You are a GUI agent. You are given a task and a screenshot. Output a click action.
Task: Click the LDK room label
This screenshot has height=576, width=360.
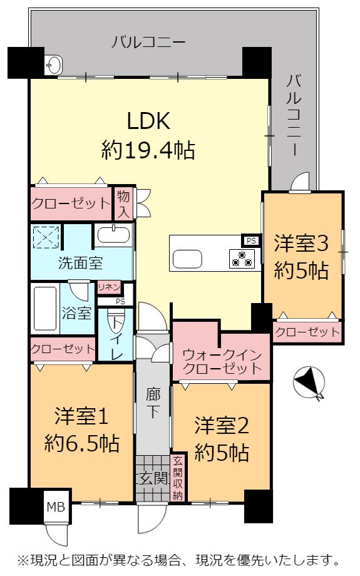tap(148, 121)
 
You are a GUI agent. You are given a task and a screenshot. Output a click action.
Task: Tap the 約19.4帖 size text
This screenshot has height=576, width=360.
tap(148, 150)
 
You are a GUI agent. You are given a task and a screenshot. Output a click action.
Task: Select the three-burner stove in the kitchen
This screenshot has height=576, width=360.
tap(242, 258)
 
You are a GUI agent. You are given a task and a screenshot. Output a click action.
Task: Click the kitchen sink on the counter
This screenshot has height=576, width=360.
tap(187, 259)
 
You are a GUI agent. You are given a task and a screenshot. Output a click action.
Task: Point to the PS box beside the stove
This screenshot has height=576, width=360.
tap(251, 241)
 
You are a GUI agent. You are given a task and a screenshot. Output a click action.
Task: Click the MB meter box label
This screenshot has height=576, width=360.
tap(56, 507)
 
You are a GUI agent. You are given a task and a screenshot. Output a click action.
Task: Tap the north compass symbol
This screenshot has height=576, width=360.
tap(309, 383)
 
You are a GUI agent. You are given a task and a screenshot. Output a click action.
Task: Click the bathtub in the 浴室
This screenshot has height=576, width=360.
tap(45, 308)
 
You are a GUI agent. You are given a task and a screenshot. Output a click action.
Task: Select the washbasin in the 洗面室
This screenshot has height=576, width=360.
tap(113, 235)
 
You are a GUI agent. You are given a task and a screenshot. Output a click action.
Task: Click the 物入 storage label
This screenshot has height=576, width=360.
tap(123, 204)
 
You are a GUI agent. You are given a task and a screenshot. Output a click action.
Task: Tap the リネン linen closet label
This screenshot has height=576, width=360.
tap(109, 287)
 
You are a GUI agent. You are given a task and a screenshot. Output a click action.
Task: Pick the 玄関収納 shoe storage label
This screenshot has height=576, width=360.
tap(178, 478)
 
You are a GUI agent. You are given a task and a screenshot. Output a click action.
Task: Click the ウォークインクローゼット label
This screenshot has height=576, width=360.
tap(222, 361)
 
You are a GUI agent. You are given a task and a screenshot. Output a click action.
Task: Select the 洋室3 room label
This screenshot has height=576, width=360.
tap(301, 244)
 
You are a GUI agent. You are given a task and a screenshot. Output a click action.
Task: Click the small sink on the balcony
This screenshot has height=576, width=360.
tap(54, 65)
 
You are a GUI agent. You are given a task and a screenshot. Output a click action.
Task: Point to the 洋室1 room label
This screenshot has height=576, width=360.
tap(81, 416)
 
